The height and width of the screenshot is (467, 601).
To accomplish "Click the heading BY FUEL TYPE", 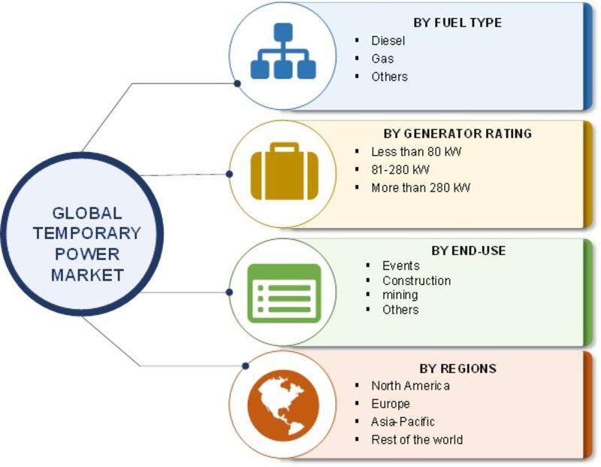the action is (458, 23).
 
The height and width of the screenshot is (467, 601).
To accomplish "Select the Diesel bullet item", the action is (388, 41).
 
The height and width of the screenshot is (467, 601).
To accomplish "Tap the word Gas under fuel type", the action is (382, 59).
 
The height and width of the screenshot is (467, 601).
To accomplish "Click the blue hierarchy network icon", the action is (283, 51).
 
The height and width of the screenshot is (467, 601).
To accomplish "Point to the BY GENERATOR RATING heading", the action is (458, 134).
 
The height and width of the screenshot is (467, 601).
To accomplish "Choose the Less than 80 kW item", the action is (416, 152).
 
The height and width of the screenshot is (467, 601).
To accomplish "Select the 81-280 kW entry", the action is (400, 170).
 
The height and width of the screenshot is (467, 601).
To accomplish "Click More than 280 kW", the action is (421, 188).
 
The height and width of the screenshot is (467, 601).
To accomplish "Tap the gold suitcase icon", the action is (285, 171).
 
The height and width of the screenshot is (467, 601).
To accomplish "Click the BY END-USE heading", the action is (468, 250).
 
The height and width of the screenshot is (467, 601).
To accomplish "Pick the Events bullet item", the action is (401, 265).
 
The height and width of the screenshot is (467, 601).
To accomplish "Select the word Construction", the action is (417, 281).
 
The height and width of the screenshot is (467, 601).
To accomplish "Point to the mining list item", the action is (400, 295).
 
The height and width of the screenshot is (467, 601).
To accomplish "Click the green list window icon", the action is (284, 293).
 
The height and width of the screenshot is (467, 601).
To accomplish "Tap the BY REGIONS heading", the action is (458, 368).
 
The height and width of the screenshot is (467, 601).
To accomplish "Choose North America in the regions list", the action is (410, 386).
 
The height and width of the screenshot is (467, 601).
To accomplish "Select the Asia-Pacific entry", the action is (403, 422).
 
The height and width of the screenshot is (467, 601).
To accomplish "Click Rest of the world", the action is (417, 439).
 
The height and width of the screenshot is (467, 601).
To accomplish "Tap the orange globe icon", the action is (283, 405).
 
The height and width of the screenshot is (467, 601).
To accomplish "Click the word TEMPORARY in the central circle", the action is (87, 233).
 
